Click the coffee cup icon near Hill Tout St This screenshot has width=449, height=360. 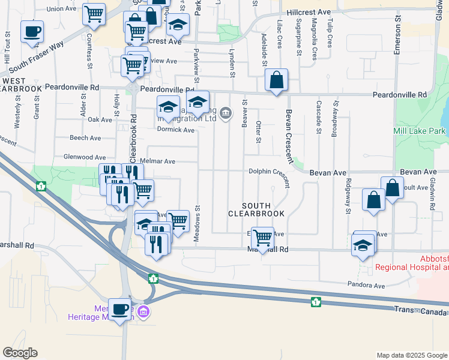click(x=32, y=31)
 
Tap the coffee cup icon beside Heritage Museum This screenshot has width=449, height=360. click(x=120, y=309)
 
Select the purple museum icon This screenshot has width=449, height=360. click(x=143, y=312)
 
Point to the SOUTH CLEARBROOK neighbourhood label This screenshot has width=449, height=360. click(x=257, y=208)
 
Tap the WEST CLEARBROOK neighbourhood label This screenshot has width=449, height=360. click(x=21, y=84)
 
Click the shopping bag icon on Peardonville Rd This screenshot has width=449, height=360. click(x=276, y=80)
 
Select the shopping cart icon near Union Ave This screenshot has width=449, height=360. click(x=94, y=14)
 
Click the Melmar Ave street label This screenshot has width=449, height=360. click(x=157, y=161)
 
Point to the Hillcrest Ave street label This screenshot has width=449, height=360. click(x=309, y=12)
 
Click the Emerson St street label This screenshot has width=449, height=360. click(x=397, y=40)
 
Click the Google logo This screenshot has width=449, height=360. click(x=20, y=353)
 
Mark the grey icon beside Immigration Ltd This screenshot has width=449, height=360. click(x=226, y=113)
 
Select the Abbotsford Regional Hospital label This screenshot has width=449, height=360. click(x=412, y=263)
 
